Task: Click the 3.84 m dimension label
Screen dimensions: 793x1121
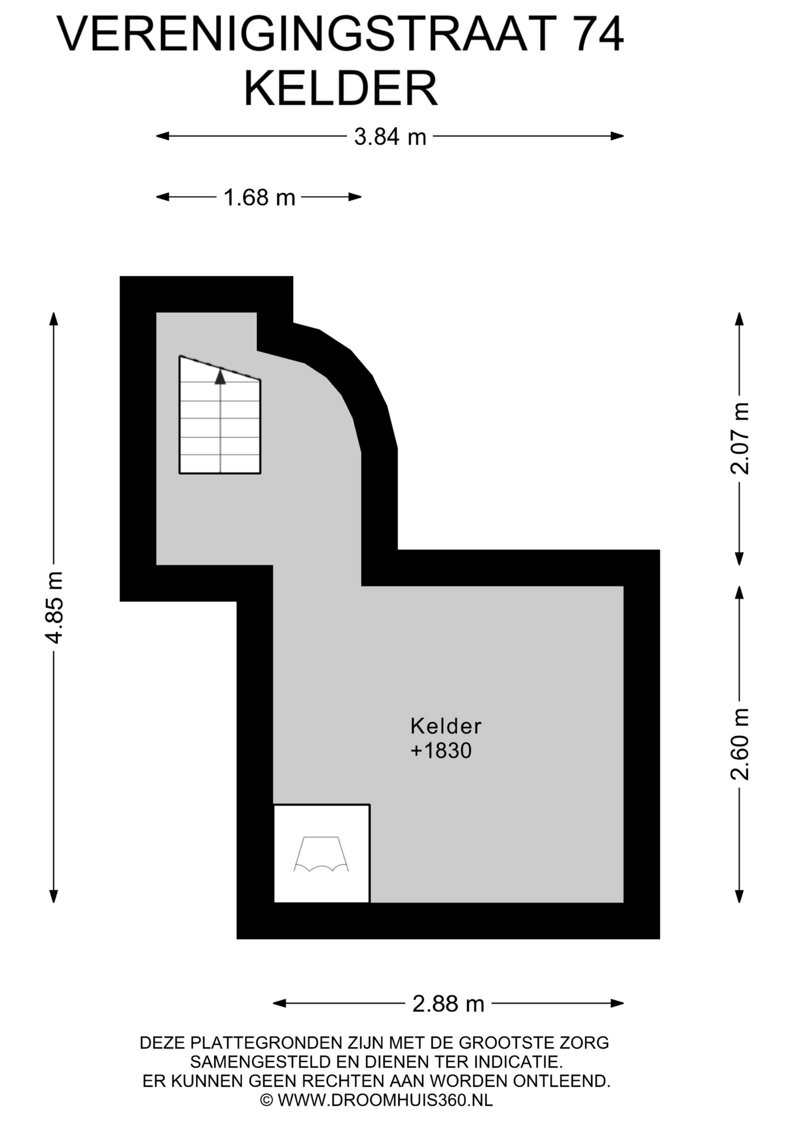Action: coord(390,137)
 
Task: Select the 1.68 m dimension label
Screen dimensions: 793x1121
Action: coord(259,197)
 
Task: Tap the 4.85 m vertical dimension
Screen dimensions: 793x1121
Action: coord(54,607)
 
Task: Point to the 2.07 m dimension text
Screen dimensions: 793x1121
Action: coord(739,438)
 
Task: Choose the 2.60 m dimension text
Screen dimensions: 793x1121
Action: coord(739,744)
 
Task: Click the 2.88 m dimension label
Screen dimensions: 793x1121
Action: coord(448,1004)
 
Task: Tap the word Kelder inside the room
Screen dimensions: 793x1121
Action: coord(446,726)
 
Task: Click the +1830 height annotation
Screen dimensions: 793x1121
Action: coord(441,750)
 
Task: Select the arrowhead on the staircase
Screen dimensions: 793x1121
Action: coord(220,377)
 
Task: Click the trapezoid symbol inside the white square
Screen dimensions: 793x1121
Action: coord(321,854)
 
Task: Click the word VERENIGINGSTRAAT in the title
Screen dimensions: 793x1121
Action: coord(308,34)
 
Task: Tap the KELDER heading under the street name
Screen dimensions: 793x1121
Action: coord(341,88)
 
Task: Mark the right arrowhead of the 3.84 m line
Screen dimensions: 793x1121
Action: coord(617,136)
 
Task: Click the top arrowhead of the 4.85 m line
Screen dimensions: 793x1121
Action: coord(54,319)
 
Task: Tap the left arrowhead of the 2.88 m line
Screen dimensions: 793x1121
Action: coord(280,1003)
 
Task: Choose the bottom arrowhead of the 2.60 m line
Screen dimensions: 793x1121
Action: coord(739,896)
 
